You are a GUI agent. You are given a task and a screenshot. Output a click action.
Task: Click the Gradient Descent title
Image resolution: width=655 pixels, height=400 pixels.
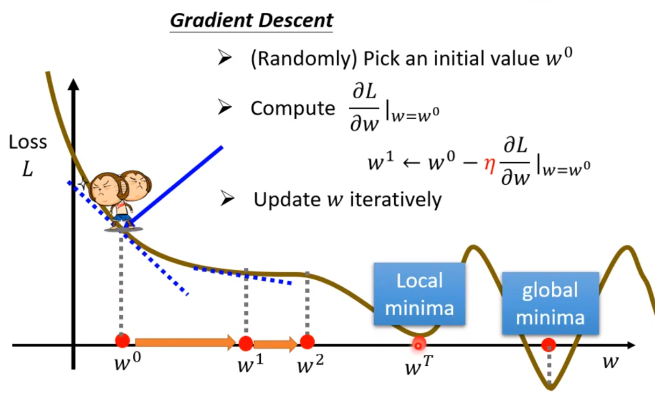tap(252, 20)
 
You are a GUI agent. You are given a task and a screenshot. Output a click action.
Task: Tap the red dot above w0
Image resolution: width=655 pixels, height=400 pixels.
tap(123, 340)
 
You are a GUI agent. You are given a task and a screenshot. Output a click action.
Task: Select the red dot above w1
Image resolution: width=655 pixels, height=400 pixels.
tap(246, 343)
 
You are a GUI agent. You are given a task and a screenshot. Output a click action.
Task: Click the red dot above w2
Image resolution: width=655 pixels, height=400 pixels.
tap(307, 341)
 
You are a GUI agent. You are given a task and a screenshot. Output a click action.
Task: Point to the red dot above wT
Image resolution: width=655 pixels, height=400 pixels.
tap(418, 343)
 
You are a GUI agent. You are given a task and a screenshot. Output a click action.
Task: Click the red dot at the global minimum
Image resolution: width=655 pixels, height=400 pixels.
tap(549, 344)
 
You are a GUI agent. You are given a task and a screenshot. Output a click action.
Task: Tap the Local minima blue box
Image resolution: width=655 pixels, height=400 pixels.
tap(419, 294)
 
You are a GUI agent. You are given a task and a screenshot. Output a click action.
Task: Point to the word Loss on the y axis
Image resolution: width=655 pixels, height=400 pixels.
tap(28, 142)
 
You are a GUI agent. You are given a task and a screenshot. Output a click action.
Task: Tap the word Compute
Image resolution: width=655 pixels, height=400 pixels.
tap(293, 108)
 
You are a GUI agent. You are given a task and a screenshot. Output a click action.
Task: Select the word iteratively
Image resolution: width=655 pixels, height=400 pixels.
tap(395, 200)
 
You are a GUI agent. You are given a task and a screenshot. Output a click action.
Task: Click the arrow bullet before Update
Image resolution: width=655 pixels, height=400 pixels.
tap(227, 200)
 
